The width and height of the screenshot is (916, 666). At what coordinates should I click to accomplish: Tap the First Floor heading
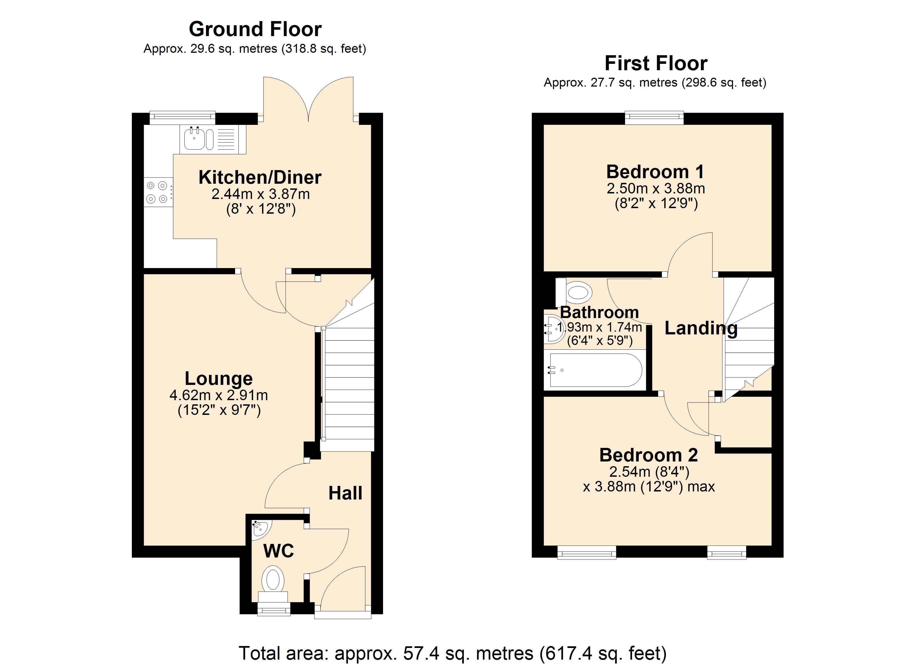click(656, 64)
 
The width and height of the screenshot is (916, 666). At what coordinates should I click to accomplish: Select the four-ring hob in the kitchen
click(157, 192)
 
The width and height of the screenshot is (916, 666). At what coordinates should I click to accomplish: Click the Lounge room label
click(218, 379)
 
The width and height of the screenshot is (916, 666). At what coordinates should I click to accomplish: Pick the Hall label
click(345, 493)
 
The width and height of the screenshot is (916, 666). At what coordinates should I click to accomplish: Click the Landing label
click(701, 328)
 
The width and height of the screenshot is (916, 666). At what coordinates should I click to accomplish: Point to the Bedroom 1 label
click(655, 172)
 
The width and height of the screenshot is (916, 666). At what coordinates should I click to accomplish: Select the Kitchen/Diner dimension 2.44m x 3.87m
click(260, 194)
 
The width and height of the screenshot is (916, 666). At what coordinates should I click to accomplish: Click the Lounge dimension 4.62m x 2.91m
click(218, 395)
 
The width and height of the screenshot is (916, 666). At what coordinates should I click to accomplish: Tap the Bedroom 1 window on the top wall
click(654, 118)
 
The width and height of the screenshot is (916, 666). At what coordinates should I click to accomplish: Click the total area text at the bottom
click(452, 653)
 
